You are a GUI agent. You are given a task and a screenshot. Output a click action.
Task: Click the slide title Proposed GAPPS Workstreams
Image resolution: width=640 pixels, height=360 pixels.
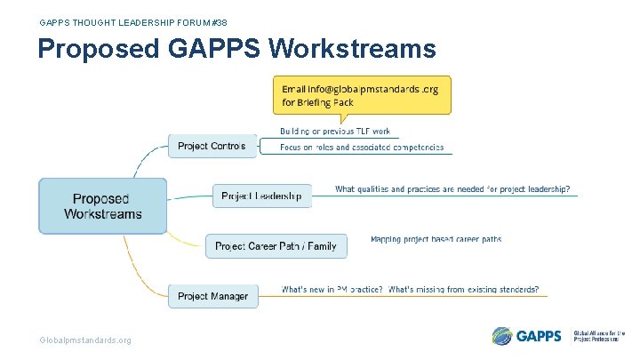(236, 48)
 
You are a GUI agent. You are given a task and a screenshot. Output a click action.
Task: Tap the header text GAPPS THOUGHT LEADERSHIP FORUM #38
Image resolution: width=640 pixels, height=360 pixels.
(126, 21)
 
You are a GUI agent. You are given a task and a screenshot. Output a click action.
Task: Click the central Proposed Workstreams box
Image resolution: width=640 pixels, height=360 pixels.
(102, 206)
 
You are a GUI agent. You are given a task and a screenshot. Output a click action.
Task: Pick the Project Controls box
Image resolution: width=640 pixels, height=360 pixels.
(212, 146)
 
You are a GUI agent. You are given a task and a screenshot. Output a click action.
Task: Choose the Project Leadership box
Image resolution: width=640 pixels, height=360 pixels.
(261, 196)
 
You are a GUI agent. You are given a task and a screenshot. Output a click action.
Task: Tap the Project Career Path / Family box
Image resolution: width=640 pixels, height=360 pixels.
(276, 246)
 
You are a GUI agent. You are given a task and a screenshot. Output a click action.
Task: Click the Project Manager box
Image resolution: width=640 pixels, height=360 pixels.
(212, 296)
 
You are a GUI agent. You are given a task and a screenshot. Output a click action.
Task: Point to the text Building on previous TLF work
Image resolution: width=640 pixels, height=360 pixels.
(335, 131)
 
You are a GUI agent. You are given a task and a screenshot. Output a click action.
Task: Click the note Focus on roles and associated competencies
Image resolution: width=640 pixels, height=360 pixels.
(362, 148)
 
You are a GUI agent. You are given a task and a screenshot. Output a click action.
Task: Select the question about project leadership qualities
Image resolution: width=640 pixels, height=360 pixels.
(452, 189)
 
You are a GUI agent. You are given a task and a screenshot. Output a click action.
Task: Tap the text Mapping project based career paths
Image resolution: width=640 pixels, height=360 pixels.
(436, 239)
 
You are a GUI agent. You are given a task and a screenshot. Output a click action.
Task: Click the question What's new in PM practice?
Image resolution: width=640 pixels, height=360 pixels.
(332, 290)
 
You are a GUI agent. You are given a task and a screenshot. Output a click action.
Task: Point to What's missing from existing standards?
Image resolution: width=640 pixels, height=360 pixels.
(463, 290)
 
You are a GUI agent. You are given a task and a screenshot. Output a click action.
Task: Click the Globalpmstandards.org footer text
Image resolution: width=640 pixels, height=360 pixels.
(85, 340)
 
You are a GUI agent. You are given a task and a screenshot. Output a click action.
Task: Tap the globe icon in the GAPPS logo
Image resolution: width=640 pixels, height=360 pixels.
(502, 336)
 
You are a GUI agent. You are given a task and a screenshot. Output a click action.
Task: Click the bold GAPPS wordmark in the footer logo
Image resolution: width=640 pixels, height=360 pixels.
(539, 336)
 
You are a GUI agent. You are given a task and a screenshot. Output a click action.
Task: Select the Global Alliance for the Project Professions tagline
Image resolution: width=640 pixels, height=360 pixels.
(600, 336)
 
